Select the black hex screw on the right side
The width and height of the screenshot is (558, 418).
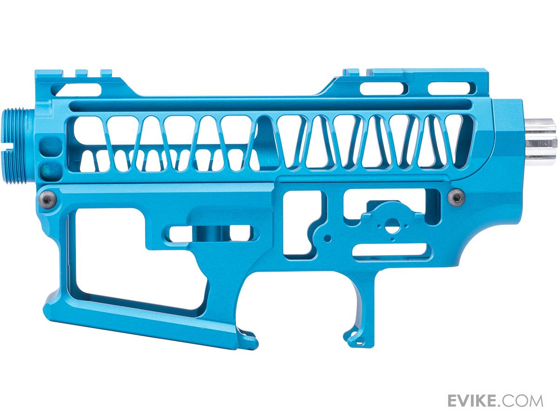tap(456, 197)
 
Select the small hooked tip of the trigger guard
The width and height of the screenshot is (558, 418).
tap(352, 337)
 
